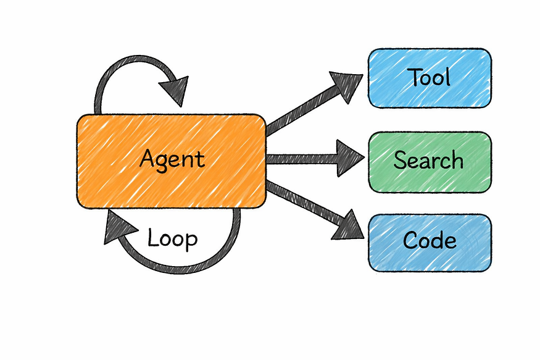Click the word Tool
pos(430,77)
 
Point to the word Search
pos(428,161)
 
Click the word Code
pos(430,241)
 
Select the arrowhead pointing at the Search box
pos(350,159)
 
